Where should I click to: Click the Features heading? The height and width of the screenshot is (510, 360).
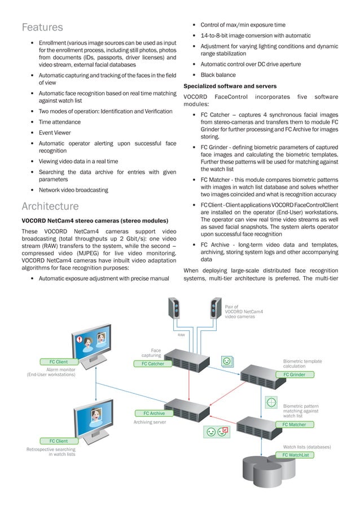[42, 27]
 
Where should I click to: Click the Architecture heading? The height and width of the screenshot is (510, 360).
[50, 206]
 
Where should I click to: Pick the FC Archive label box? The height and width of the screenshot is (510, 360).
[154, 413]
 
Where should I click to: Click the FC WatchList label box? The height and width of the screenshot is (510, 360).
[296, 455]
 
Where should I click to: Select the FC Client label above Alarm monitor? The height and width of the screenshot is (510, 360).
[58, 362]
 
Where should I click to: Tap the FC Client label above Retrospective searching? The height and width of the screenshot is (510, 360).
[58, 441]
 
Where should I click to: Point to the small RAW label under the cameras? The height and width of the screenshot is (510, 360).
[182, 335]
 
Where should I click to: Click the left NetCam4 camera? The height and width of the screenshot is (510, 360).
[175, 309]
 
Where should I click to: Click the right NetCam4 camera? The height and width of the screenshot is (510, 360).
[215, 309]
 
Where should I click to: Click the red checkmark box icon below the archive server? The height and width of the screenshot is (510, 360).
[223, 431]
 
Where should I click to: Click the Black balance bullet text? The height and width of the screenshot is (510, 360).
[218, 75]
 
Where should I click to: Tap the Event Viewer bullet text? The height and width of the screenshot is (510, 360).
[55, 133]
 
